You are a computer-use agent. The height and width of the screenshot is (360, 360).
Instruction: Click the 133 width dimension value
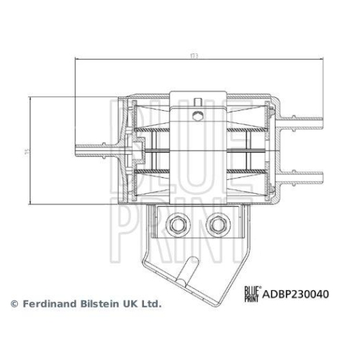193,55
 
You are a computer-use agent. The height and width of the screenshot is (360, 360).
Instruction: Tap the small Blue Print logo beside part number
251,294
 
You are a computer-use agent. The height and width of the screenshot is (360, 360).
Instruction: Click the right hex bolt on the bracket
215,225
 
